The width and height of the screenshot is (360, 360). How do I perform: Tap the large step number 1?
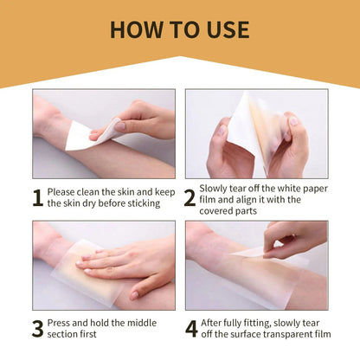pyautogui.click(x=37, y=196)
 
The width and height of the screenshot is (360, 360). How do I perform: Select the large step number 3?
pyautogui.click(x=37, y=330)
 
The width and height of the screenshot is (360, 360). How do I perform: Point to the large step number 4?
pyautogui.click(x=190, y=330)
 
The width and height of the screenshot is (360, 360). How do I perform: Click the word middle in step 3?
pyautogui.click(x=138, y=324)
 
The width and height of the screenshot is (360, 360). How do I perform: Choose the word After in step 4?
pyautogui.click(x=218, y=324)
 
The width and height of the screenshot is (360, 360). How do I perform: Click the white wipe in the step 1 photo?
pyautogui.click(x=82, y=134)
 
